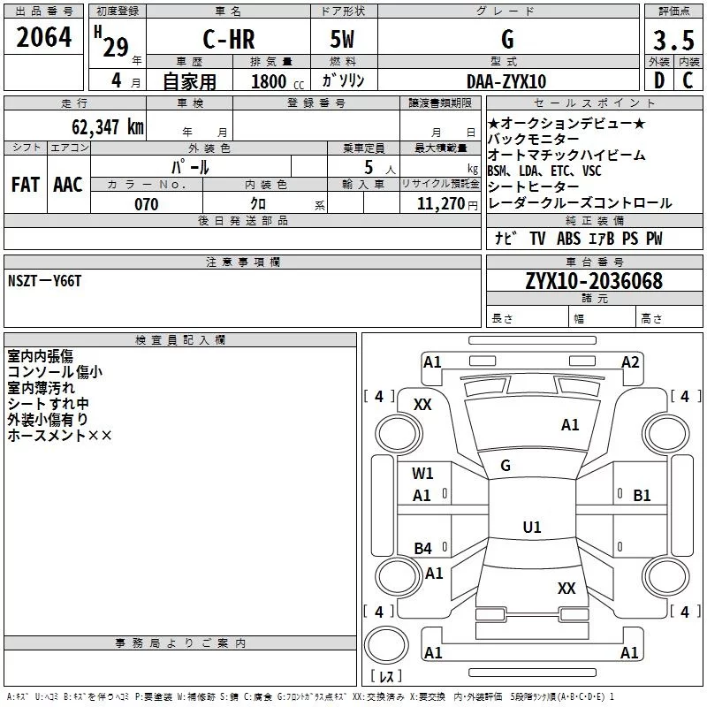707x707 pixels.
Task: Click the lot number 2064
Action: pyautogui.click(x=43, y=37)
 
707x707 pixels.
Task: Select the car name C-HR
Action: pyautogui.click(x=229, y=39)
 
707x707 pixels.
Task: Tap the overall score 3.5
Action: pyautogui.click(x=673, y=40)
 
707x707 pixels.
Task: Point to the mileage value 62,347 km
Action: pyautogui.click(x=107, y=126)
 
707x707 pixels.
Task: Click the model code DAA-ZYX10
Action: pyautogui.click(x=506, y=81)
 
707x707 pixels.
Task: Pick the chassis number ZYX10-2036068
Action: pyautogui.click(x=594, y=281)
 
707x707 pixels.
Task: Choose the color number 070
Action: pyautogui.click(x=147, y=204)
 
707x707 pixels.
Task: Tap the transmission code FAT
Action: pyautogui.click(x=26, y=185)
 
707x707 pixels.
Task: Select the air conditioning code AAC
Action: pyautogui.click(x=68, y=185)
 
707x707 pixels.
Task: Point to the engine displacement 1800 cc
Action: pyautogui.click(x=277, y=81)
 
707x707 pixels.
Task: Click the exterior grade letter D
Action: pyautogui.click(x=659, y=80)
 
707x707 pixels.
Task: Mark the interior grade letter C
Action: pyautogui.click(x=688, y=80)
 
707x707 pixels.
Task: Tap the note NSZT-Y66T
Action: pyautogui.click(x=45, y=281)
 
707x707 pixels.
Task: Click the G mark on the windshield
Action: pyautogui.click(x=506, y=466)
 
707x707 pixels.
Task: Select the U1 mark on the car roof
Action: pyautogui.click(x=532, y=527)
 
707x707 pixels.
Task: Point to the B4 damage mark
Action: pyautogui.click(x=423, y=548)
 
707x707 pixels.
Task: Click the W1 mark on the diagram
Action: pyautogui.click(x=422, y=473)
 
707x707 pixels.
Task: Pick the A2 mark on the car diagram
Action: pyautogui.click(x=630, y=362)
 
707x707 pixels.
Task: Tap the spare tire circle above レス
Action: pyautogui.click(x=386, y=645)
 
